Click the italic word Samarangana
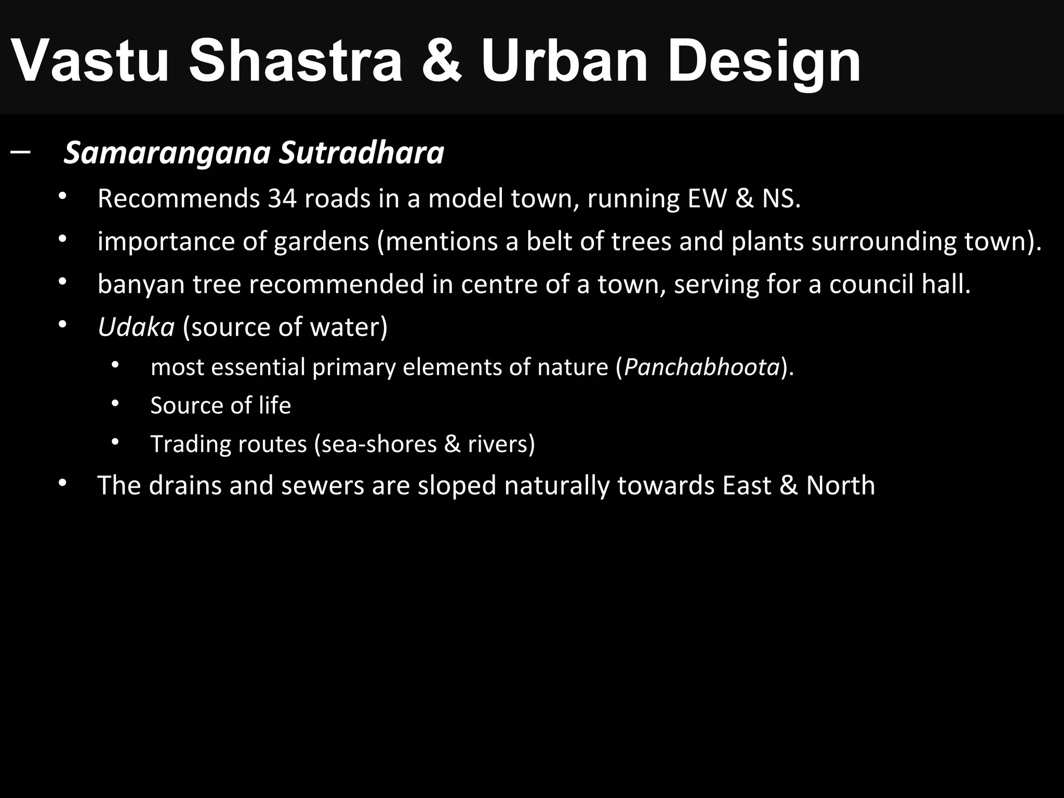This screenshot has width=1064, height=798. pos(167,154)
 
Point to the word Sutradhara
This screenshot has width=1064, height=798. pos(362,153)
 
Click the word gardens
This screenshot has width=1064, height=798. pos(321,242)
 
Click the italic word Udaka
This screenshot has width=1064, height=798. pos(136,327)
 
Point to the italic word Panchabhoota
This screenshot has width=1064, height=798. pos(701,367)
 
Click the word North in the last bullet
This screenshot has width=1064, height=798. pos(840,486)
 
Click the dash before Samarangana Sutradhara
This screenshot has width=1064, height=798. pos(20,153)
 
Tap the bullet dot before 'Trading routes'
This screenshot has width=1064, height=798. pos(115,442)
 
